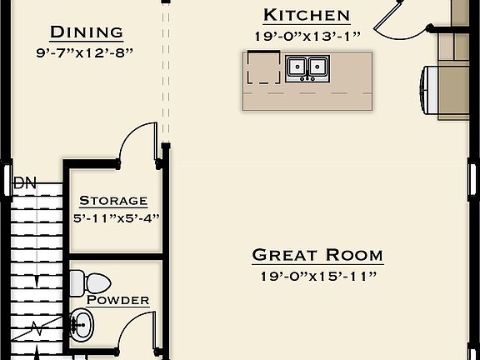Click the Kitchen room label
pyautogui.click(x=307, y=15)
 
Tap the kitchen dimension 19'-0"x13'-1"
pyautogui.click(x=307, y=36)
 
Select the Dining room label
pyautogui.click(x=87, y=32)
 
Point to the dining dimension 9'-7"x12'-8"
pyautogui.click(x=87, y=52)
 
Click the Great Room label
pyautogui.click(x=317, y=255)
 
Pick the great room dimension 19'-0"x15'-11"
pyautogui.click(x=317, y=276)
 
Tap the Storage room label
pyautogui.click(x=113, y=201)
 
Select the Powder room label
pyautogui.click(x=118, y=300)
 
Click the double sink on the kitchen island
pyautogui.click(x=307, y=68)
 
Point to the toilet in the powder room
pyautogui.click(x=88, y=282)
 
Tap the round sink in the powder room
pyautogui.click(x=81, y=320)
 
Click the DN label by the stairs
pyautogui.click(x=25, y=182)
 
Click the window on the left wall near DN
pyautogui.click(x=7, y=180)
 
